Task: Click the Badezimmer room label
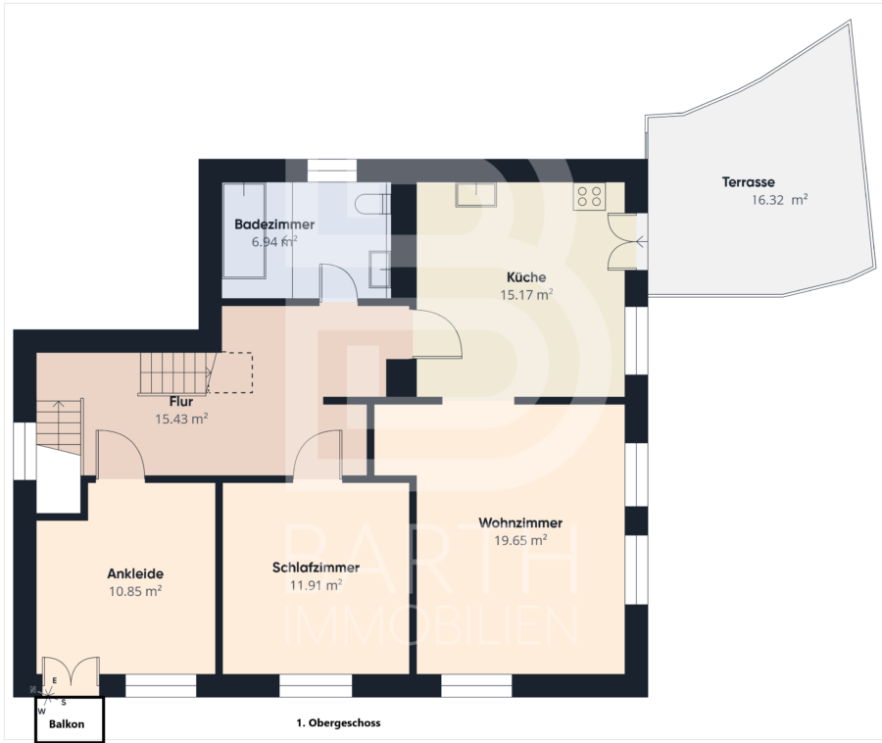(274, 224)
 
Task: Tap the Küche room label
(526, 277)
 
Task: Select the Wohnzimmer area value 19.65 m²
(521, 540)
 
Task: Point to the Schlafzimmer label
(316, 568)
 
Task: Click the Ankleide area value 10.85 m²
(135, 592)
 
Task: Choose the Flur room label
(181, 402)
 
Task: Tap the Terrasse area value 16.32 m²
(780, 200)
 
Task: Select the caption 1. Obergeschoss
(338, 723)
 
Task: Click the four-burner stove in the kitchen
(590, 197)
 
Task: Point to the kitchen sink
(476, 195)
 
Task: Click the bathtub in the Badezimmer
(244, 230)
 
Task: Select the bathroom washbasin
(379, 269)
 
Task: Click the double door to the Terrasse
(622, 242)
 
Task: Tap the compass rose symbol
(48, 696)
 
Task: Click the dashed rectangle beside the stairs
(230, 372)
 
